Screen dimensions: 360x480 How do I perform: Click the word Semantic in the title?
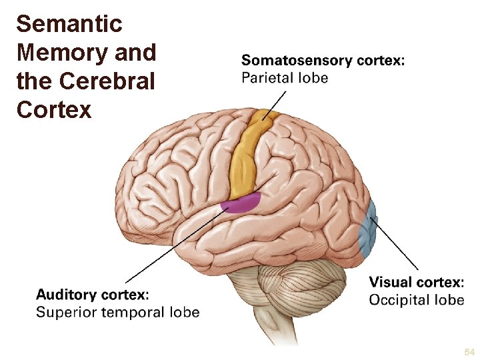tap(69, 24)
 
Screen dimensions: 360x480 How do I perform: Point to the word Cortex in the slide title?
tap(54, 109)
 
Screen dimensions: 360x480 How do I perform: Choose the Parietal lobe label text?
tap(285, 78)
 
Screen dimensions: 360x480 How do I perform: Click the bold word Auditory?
tap(65, 295)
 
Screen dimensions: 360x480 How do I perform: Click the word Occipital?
tap(398, 300)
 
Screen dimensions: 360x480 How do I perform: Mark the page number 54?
tap(469, 351)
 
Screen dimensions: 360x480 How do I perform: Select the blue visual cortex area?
tap(369, 231)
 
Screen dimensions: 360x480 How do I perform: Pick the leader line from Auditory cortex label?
tap(173, 247)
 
